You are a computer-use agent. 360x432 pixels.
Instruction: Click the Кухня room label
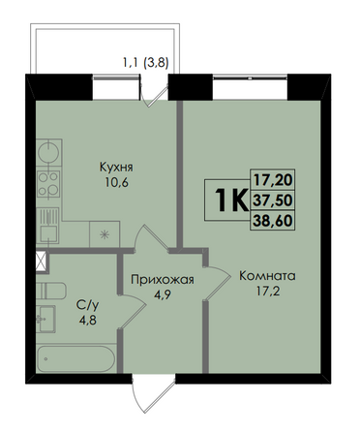click(x=116, y=169)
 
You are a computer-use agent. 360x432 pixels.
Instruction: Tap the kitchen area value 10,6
click(x=116, y=183)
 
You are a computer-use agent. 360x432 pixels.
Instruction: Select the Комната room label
click(x=267, y=276)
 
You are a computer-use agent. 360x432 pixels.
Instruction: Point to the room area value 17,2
click(x=267, y=292)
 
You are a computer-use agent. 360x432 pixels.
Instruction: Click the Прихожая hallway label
click(x=163, y=280)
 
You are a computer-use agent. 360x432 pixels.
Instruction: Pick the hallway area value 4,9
click(x=163, y=295)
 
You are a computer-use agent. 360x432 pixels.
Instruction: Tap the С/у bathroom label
click(x=87, y=305)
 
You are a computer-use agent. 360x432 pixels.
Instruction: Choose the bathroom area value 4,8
click(x=88, y=321)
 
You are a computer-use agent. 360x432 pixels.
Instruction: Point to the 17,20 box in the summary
click(x=273, y=179)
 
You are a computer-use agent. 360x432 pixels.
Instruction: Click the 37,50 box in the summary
click(x=273, y=201)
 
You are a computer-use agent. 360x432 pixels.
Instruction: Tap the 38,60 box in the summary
click(x=273, y=221)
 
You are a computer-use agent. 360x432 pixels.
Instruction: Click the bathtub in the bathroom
click(x=76, y=358)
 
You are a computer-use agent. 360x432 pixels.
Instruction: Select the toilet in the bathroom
click(x=51, y=291)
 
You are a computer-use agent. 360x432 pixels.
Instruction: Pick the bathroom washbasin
click(x=45, y=319)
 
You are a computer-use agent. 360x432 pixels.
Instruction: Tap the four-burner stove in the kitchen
click(x=48, y=184)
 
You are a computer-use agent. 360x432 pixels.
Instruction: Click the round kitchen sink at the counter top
click(x=48, y=152)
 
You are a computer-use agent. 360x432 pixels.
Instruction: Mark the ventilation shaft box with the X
click(x=42, y=262)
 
